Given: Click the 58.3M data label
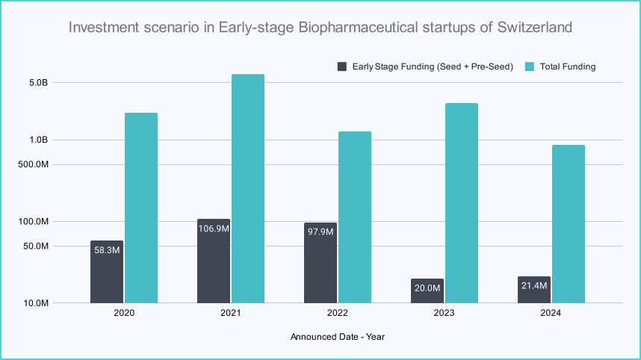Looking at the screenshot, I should click(107, 250).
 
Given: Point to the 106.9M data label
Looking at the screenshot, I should click(214, 229).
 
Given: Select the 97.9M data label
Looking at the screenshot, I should click(320, 232).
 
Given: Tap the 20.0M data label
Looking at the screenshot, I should click(427, 288).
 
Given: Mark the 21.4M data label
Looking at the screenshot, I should click(534, 287).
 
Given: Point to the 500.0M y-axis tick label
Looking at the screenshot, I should click(33, 164).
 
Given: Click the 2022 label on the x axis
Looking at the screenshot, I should click(337, 314).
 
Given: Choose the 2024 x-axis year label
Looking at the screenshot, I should click(551, 314).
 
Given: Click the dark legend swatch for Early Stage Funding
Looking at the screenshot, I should click(343, 66).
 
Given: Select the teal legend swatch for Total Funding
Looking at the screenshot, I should click(529, 66).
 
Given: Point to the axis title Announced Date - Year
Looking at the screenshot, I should click(337, 337).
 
